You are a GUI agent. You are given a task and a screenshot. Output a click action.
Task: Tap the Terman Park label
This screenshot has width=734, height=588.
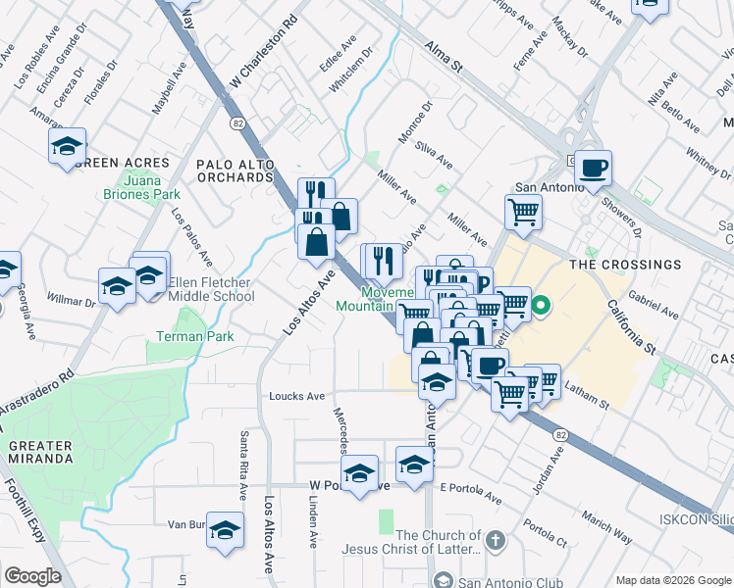click(x=194, y=336)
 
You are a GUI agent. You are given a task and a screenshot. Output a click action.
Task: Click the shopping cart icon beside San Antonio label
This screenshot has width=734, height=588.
click(x=524, y=211)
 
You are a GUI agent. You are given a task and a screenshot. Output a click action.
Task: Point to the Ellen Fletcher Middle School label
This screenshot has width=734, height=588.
click(x=211, y=289)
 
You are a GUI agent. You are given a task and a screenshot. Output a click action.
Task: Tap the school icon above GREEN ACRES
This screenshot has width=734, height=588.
click(x=67, y=146)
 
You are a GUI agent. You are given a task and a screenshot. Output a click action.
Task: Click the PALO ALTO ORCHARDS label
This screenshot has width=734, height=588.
click(x=235, y=171)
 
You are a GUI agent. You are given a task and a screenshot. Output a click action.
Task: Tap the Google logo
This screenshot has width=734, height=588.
click(x=33, y=576)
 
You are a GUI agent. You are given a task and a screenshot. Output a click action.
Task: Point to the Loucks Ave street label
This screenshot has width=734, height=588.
click(x=296, y=397)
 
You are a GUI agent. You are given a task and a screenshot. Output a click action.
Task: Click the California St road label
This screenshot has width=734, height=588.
click(x=631, y=327)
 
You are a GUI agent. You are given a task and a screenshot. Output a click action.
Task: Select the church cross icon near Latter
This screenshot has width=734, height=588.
click(x=497, y=540)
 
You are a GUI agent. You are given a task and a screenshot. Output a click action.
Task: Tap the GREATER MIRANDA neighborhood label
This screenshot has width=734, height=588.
click(x=40, y=452)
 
